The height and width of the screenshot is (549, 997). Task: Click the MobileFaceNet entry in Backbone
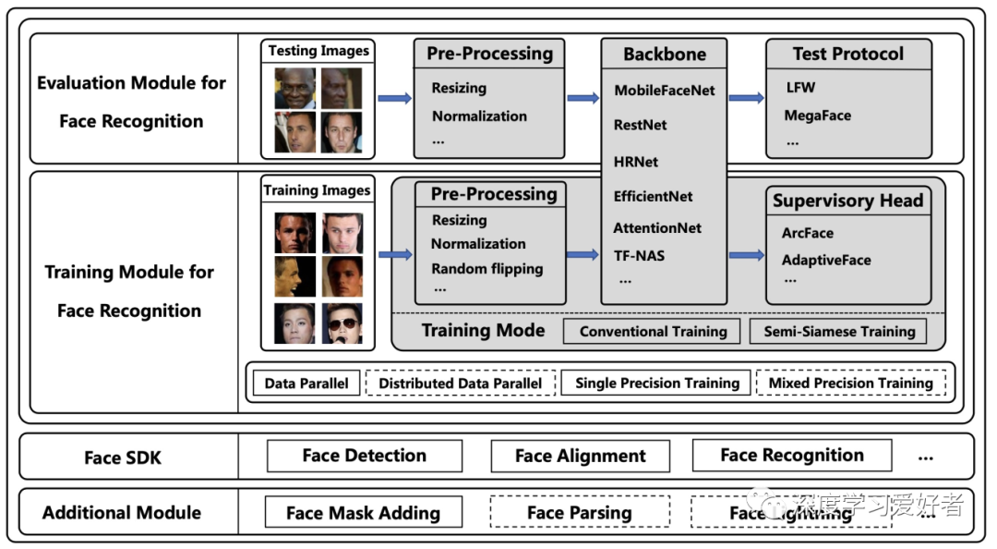(664, 91)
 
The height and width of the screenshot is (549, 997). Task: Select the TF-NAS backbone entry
(639, 256)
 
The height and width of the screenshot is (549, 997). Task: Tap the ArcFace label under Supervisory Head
(807, 233)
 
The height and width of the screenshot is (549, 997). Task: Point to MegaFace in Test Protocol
(817, 116)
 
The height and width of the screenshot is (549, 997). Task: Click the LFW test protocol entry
(800, 88)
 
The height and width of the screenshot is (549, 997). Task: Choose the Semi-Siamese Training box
(838, 331)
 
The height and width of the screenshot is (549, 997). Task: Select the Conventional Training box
(653, 331)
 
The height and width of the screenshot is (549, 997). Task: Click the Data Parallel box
(306, 383)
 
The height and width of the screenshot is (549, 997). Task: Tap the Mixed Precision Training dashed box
(850, 383)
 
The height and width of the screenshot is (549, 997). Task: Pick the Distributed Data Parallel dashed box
(460, 383)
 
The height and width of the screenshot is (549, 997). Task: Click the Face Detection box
(364, 456)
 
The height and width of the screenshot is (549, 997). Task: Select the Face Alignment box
(580, 456)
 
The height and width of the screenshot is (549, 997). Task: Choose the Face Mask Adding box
(363, 513)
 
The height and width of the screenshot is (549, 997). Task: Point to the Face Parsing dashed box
(579, 513)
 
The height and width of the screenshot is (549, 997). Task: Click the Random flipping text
(486, 269)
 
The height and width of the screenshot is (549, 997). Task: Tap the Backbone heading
(664, 54)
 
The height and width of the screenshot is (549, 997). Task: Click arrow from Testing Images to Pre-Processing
(395, 98)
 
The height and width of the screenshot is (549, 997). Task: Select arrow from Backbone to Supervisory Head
(746, 254)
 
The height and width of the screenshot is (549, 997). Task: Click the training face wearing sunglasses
(342, 323)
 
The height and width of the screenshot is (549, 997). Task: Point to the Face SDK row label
(122, 457)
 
